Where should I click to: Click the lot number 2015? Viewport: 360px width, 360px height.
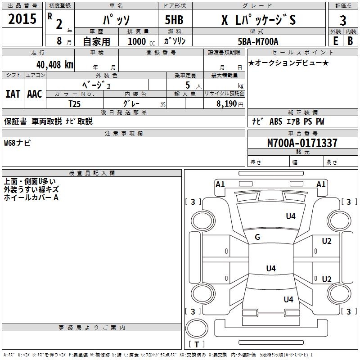(22, 19)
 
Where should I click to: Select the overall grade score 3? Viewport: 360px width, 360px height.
(343, 21)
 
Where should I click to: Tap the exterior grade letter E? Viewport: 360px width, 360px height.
(335, 41)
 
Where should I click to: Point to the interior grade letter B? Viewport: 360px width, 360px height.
(350, 41)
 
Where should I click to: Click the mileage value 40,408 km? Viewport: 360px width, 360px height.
(54, 65)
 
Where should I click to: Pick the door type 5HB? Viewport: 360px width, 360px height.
(174, 20)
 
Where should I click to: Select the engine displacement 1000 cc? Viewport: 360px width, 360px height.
(141, 41)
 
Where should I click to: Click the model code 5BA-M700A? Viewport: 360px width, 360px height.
(258, 41)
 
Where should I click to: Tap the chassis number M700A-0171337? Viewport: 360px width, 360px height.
(302, 143)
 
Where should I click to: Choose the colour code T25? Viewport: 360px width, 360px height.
(74, 104)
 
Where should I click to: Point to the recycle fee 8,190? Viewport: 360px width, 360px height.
(227, 104)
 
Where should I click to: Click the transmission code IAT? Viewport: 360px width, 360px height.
(13, 94)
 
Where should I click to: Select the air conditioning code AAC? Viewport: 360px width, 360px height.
(35, 94)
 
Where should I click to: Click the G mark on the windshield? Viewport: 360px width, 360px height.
(257, 237)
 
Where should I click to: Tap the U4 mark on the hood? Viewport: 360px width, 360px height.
(291, 216)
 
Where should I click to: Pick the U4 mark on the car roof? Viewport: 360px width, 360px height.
(271, 268)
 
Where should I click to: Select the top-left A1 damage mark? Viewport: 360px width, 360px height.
(220, 184)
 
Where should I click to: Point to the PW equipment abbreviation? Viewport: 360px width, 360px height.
(320, 121)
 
